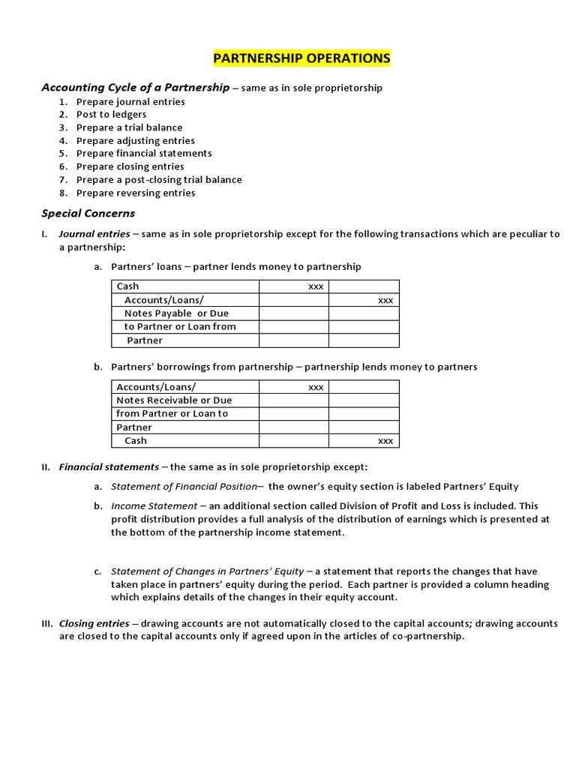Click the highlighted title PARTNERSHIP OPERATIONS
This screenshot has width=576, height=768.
(302, 58)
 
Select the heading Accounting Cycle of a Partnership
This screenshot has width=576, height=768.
(135, 88)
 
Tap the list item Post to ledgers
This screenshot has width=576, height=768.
(111, 115)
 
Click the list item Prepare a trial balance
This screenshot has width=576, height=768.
(129, 127)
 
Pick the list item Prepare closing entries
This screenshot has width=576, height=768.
(130, 166)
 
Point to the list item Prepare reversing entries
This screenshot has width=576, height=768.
(135, 193)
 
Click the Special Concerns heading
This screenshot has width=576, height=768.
(88, 214)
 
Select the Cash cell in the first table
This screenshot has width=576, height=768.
(128, 286)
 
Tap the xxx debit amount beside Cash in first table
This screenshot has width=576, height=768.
(316, 286)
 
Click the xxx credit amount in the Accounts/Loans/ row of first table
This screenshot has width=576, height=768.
(385, 300)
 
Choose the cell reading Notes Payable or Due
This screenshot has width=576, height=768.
(176, 313)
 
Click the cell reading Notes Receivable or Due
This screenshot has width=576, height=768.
(174, 400)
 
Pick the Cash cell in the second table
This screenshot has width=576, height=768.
(136, 441)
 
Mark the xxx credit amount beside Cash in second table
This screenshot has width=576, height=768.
(385, 441)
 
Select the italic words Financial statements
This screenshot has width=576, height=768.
(109, 466)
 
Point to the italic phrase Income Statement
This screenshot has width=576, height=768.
(154, 506)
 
